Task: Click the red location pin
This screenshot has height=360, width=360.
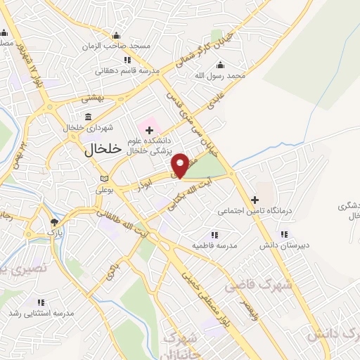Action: pyautogui.click(x=180, y=165)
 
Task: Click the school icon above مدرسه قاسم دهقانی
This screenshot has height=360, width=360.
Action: pyautogui.click(x=127, y=60)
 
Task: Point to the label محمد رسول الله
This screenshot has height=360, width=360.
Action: pyautogui.click(x=221, y=75)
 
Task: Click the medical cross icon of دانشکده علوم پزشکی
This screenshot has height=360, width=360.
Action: pyautogui.click(x=148, y=129)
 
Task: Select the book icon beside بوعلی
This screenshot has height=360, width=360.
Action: pyautogui.click(x=105, y=179)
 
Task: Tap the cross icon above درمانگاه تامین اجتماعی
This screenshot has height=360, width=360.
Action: pyautogui.click(x=255, y=200)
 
